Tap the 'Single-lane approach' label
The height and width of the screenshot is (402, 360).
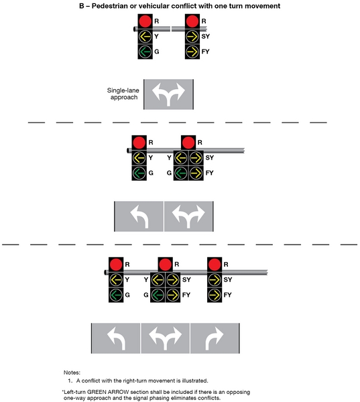tap(123, 94)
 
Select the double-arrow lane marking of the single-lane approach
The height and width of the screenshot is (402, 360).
tap(170, 94)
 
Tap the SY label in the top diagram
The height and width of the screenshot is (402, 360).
tap(205, 36)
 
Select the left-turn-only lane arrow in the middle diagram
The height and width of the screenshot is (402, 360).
tap(139, 216)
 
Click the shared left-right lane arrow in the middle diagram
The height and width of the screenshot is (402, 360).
tap(188, 216)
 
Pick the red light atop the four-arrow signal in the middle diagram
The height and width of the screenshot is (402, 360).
tap(188, 143)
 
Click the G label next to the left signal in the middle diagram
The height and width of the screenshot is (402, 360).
tap(151, 173)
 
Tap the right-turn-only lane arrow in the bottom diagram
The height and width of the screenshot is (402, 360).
tap(215, 338)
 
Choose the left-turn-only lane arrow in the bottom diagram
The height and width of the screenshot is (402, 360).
tap(115, 338)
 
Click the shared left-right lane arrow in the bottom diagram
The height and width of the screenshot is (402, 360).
tap(165, 338)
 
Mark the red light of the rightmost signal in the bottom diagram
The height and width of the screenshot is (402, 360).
tap(215, 263)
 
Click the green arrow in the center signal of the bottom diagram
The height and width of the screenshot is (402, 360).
tap(158, 295)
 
